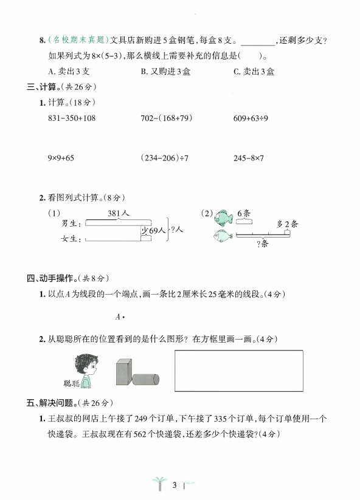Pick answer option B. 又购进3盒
(163, 72)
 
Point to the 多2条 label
(287, 224)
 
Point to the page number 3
(174, 484)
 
